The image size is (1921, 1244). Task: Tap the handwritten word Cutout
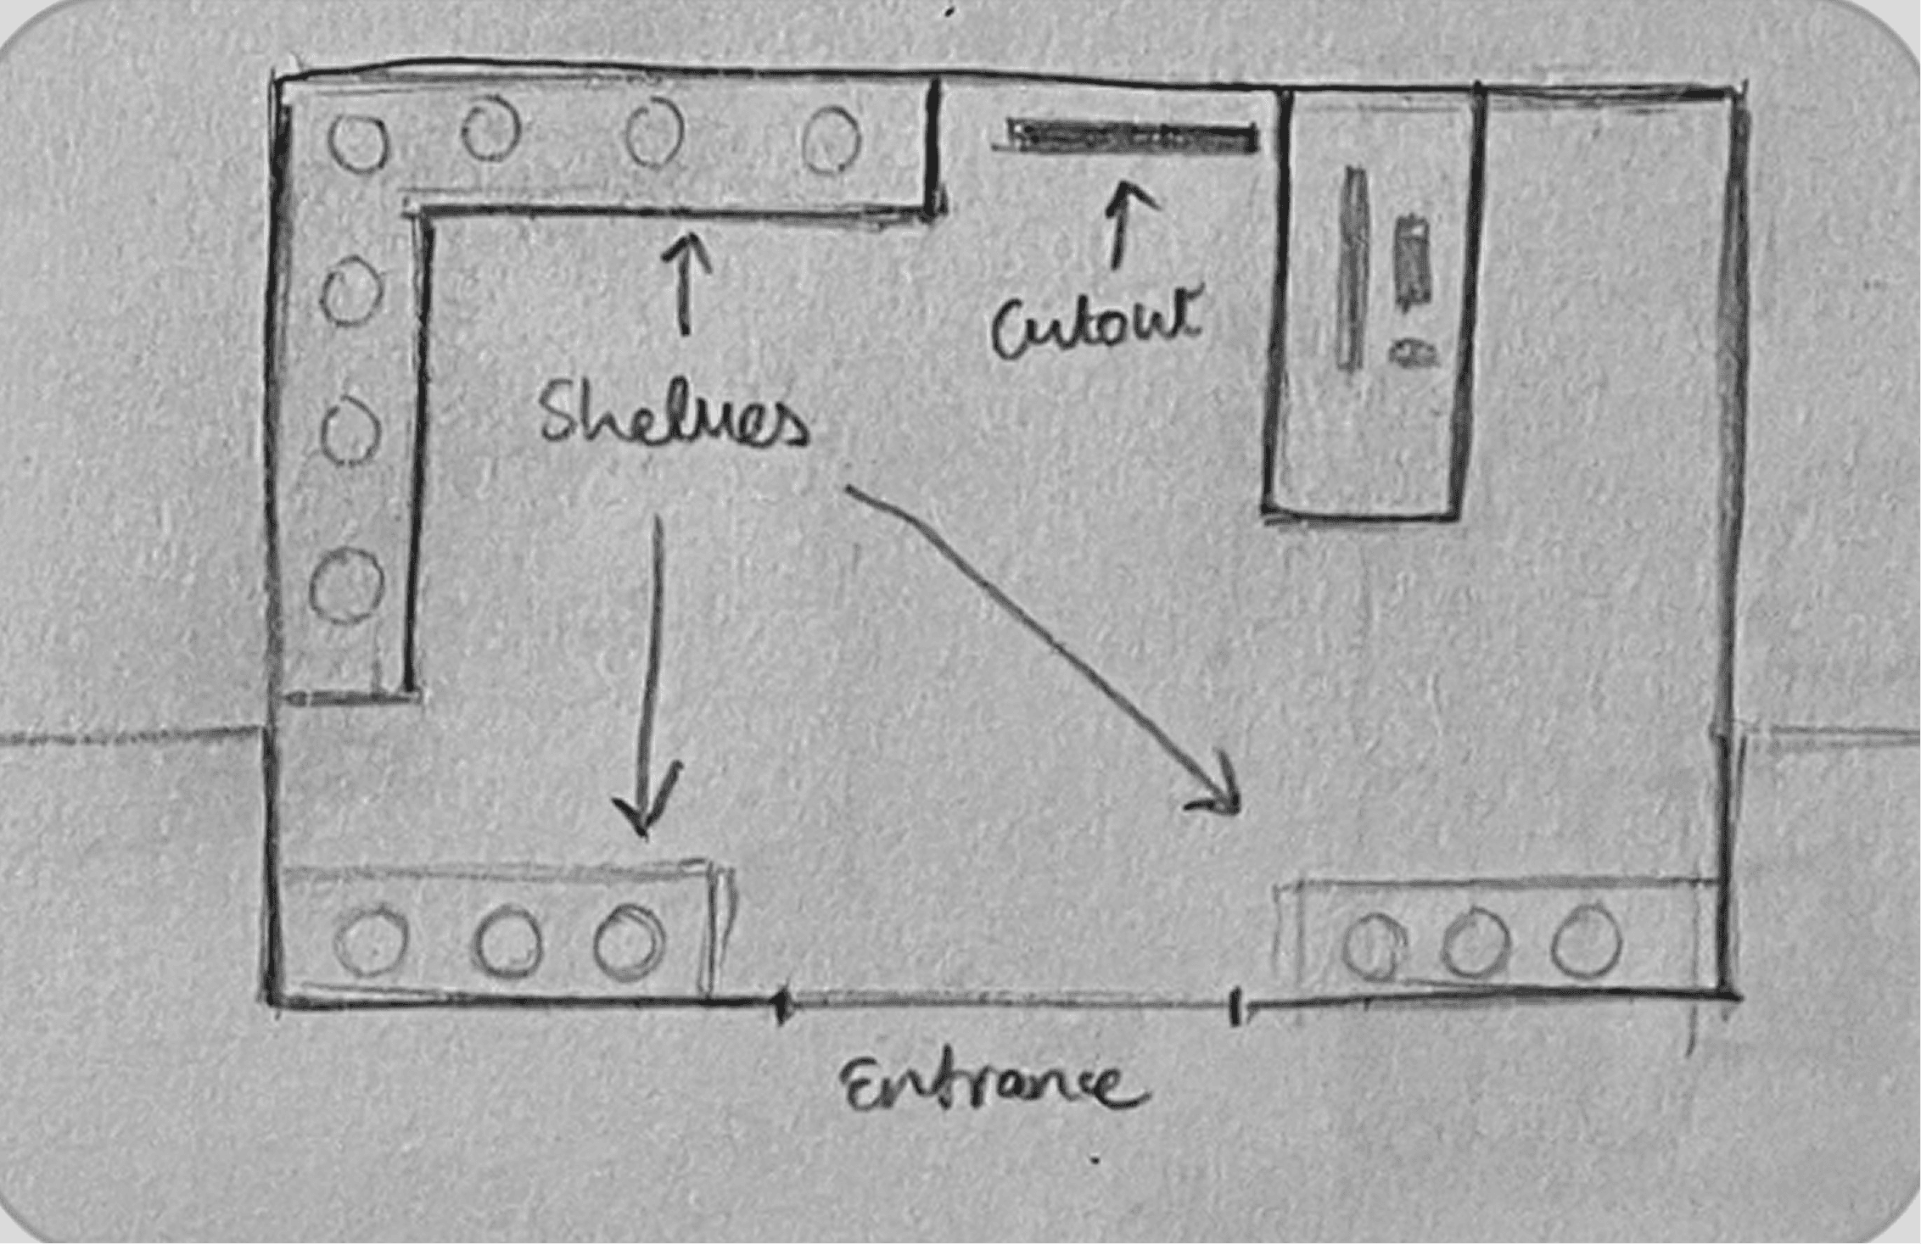pyautogui.click(x=1097, y=324)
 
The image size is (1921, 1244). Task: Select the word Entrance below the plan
pyautogui.click(x=994, y=1085)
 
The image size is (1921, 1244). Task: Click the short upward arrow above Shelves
pyautogui.click(x=685, y=284)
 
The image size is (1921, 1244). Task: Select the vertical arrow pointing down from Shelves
pyautogui.click(x=649, y=678)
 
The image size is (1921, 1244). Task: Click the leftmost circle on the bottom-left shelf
pyautogui.click(x=372, y=940)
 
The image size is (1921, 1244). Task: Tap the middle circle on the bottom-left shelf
pyautogui.click(x=507, y=942)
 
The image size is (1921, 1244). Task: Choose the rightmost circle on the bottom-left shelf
pyautogui.click(x=629, y=942)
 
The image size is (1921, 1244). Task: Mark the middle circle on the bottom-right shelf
pyautogui.click(x=1476, y=944)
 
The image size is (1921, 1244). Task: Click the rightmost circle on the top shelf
pyautogui.click(x=831, y=140)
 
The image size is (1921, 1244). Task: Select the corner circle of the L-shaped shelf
pyautogui.click(x=358, y=142)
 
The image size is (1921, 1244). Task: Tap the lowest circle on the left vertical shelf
pyautogui.click(x=345, y=586)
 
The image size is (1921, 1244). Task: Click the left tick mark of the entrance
pyautogui.click(x=782, y=1006)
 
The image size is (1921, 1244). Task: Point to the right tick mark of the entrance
pyautogui.click(x=1235, y=1007)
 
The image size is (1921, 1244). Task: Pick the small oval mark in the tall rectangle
pyautogui.click(x=1413, y=353)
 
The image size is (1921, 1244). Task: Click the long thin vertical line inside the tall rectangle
pyautogui.click(x=1351, y=267)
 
